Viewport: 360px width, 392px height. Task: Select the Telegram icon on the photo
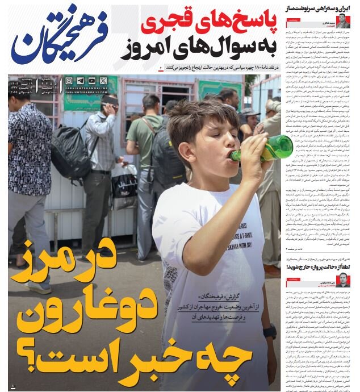tap(80, 81)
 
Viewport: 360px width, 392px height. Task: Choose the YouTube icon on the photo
tap(91, 81)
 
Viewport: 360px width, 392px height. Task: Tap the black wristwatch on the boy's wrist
tap(270, 331)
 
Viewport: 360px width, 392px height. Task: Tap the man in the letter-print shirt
tap(26, 170)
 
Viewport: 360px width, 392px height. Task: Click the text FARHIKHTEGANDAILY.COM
tap(85, 93)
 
